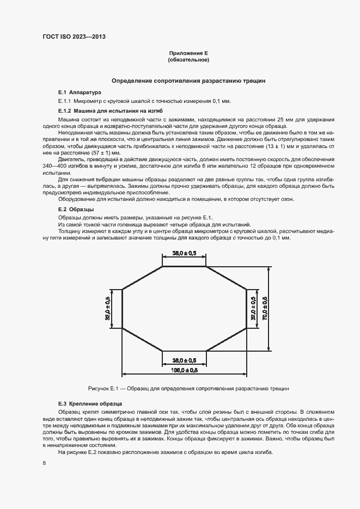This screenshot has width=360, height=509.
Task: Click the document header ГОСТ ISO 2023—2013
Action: pos(74,36)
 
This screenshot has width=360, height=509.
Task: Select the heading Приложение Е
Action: pos(188,53)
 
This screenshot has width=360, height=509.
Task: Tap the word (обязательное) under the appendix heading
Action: pos(188,59)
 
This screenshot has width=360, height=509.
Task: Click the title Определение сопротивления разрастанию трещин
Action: pos(188,81)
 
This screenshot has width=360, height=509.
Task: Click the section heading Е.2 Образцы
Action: pos(76,210)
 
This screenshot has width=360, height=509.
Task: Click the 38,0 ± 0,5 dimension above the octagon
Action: pos(185,253)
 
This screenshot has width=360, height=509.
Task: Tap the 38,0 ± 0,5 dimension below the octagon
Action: pos(185,360)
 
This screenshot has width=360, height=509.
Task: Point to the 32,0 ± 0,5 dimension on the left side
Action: pos(107,309)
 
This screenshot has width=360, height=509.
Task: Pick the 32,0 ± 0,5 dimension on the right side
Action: pos(253,309)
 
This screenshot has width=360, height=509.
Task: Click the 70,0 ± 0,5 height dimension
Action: pos(265,309)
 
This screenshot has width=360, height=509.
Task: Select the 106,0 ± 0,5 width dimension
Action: pos(185,370)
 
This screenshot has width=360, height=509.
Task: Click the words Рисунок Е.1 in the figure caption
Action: pos(103,389)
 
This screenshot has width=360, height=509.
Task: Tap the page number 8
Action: pos(44,463)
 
